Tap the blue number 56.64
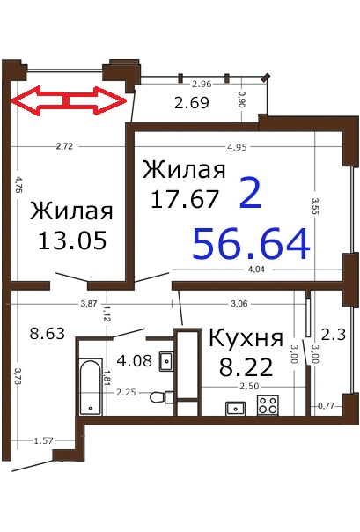point(251,244)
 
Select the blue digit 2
point(250,194)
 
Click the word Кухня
point(246,338)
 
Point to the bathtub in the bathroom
point(91,387)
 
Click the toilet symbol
point(161,396)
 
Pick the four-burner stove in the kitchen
point(268,405)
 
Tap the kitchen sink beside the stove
point(236,408)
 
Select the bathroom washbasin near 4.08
point(166,361)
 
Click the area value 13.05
point(72,240)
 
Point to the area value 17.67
point(185,198)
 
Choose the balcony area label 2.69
point(192,103)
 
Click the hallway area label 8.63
point(48,333)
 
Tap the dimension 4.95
point(237,147)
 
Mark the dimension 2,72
point(64,146)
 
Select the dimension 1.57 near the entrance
point(43,440)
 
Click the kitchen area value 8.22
point(246,366)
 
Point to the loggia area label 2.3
point(334,335)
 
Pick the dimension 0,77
point(327,405)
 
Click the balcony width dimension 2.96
point(202,84)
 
